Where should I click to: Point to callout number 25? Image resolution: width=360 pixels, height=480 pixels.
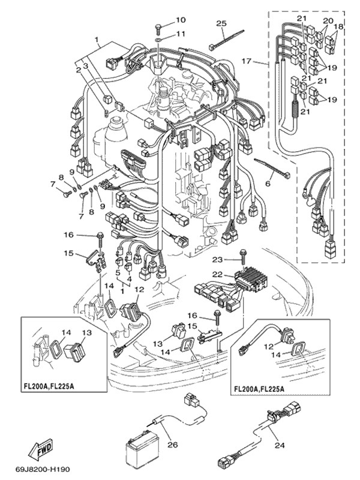(x=221, y=23)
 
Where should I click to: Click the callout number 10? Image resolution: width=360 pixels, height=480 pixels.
(x=181, y=20)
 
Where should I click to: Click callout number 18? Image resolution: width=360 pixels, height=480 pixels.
(x=339, y=27)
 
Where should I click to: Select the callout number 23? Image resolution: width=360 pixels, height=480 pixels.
(x=217, y=260)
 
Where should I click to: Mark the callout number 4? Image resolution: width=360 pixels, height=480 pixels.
(x=130, y=279)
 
